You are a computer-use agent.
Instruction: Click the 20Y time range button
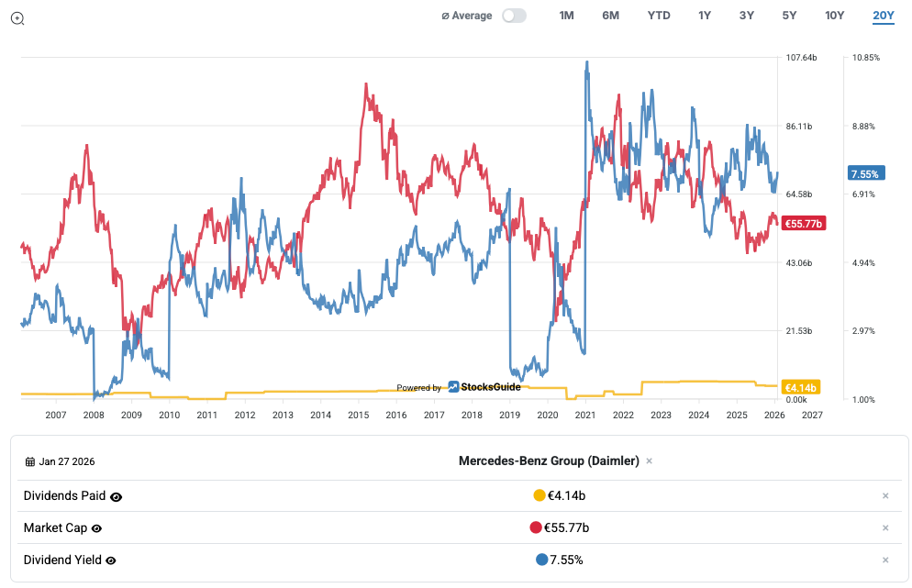(x=884, y=16)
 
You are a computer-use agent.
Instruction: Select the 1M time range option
(x=566, y=16)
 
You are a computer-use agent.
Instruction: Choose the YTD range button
(x=659, y=16)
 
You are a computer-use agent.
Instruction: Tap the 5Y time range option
(x=789, y=16)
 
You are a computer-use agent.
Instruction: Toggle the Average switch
(x=514, y=16)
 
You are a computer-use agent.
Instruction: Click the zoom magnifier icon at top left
(x=17, y=17)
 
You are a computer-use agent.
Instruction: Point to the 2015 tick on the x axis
(x=358, y=415)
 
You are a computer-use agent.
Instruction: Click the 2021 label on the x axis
(x=584, y=415)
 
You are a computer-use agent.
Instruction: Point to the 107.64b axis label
(x=801, y=58)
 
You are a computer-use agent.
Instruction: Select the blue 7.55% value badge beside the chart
(x=865, y=174)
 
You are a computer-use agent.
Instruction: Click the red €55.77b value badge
(x=803, y=223)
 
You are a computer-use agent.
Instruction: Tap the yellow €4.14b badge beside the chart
(x=800, y=387)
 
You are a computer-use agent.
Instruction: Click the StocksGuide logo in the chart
(x=484, y=387)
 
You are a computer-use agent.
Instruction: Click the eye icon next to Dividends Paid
(x=117, y=496)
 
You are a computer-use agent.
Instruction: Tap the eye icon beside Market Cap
(x=96, y=528)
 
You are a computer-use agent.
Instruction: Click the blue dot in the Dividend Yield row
(x=541, y=560)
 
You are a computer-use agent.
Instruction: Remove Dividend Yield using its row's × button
(x=885, y=560)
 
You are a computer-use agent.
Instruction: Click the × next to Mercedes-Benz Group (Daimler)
(x=649, y=461)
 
